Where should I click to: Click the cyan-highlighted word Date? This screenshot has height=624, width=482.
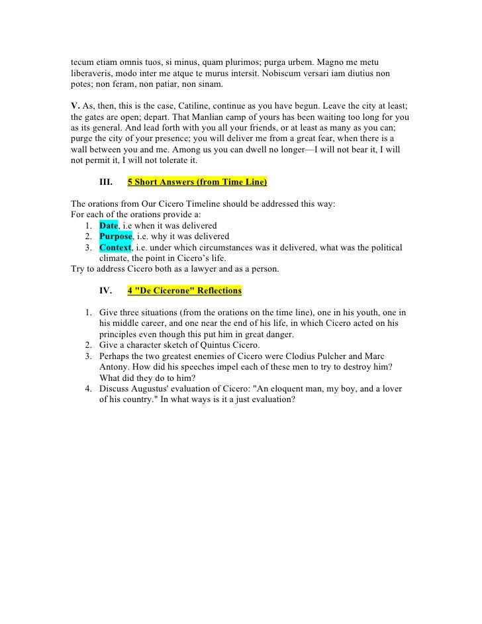pyautogui.click(x=109, y=225)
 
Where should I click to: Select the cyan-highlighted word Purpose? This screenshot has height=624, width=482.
pyautogui.click(x=116, y=236)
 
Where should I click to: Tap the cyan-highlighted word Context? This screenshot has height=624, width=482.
pyautogui.click(x=115, y=248)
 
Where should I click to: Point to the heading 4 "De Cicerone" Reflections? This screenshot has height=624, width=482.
pyautogui.click(x=184, y=290)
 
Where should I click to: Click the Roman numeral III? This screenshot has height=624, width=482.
pyautogui.click(x=105, y=181)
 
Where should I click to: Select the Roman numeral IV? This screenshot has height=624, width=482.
pyautogui.click(x=105, y=290)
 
